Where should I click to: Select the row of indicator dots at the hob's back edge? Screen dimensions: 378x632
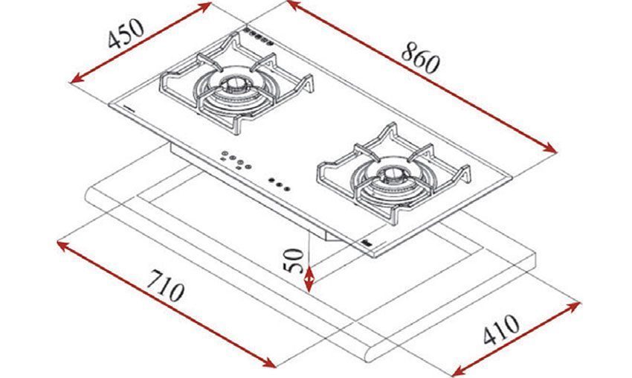click(x=259, y=37)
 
